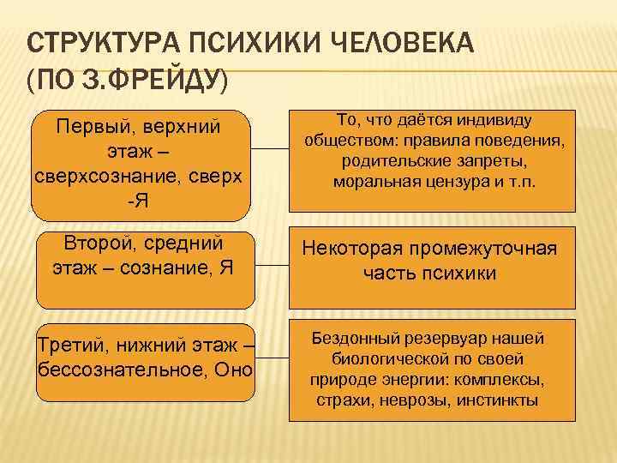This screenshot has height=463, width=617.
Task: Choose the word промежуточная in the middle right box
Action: point(489,249)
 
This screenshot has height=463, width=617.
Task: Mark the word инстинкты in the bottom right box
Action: point(499,400)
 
